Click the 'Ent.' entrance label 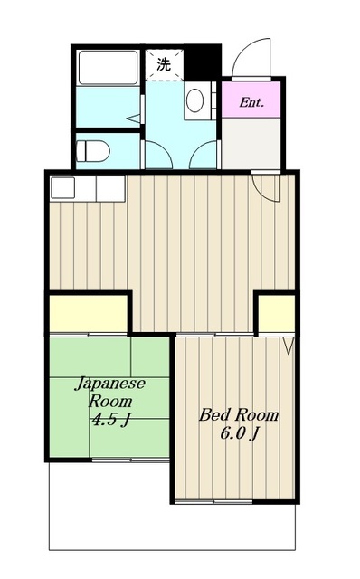(251, 102)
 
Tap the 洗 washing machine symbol (164, 64)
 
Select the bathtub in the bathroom (109, 68)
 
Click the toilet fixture (92, 151)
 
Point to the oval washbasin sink (194, 100)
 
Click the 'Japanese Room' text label (110, 392)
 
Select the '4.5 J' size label (110, 419)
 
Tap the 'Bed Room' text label (239, 415)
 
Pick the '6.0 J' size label (239, 433)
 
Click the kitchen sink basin (62, 187)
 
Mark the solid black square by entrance (203, 62)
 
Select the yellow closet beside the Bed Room (276, 314)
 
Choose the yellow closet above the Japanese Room (89, 314)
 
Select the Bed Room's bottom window (213, 502)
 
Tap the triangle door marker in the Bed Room (289, 346)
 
